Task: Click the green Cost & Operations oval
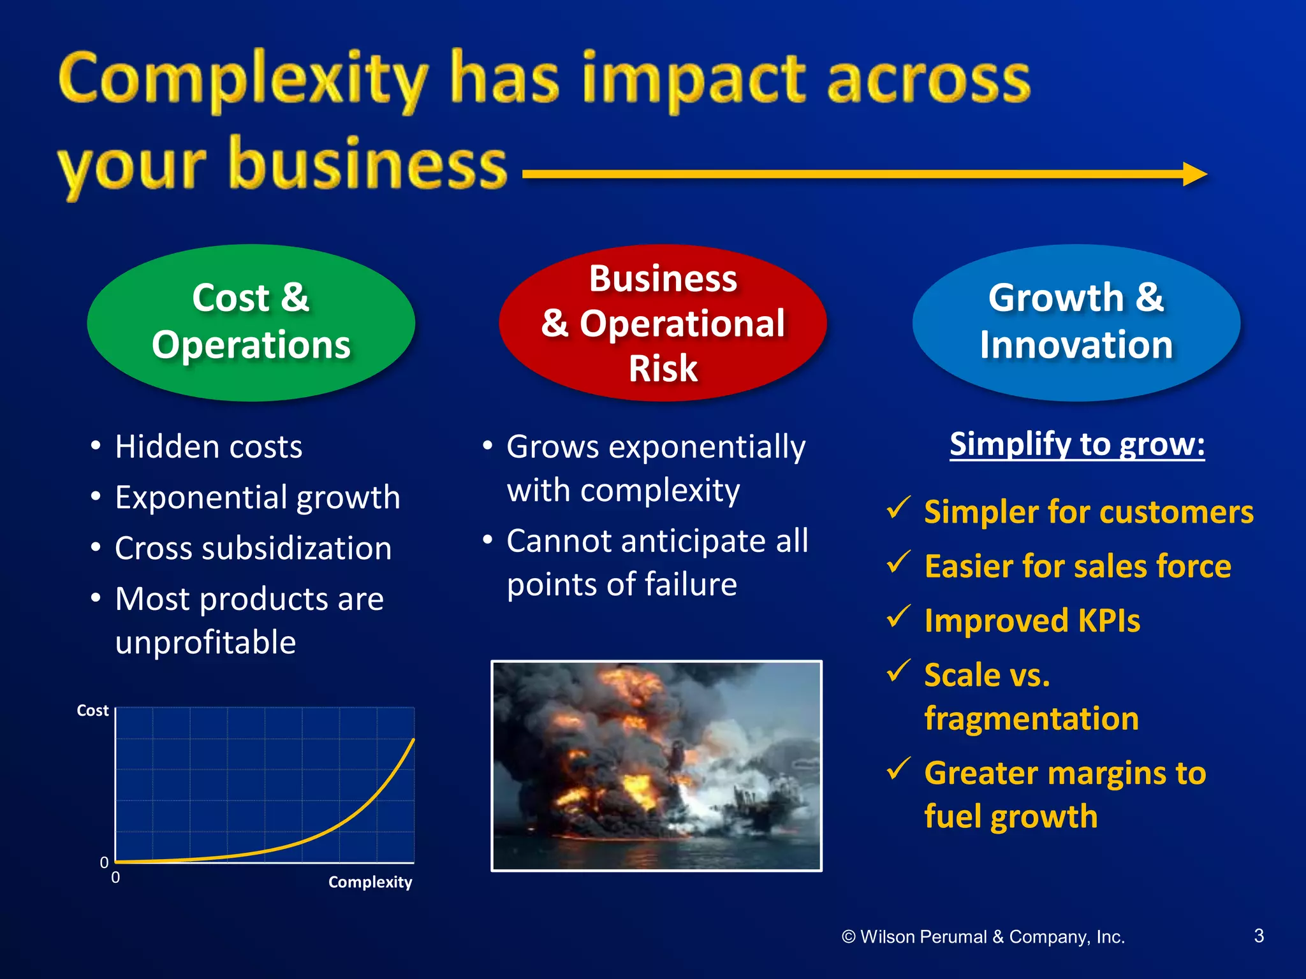[x=251, y=322]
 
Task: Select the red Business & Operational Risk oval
[x=663, y=322]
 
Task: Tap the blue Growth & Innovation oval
[x=1076, y=322]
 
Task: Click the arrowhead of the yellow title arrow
[x=1194, y=174]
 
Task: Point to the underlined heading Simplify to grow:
[x=1077, y=444]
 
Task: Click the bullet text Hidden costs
[x=209, y=447]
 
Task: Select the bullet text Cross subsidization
[x=253, y=549]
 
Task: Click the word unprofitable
[x=205, y=642]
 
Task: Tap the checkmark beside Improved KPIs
[x=899, y=616]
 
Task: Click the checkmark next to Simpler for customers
[x=899, y=507]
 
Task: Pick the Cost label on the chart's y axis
[x=92, y=711]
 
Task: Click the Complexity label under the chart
[x=370, y=882]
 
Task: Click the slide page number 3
[x=1259, y=936]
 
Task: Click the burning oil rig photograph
[x=656, y=765]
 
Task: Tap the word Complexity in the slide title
[x=242, y=80]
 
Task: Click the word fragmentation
[x=1031, y=719]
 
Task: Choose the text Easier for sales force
[x=1078, y=567]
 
